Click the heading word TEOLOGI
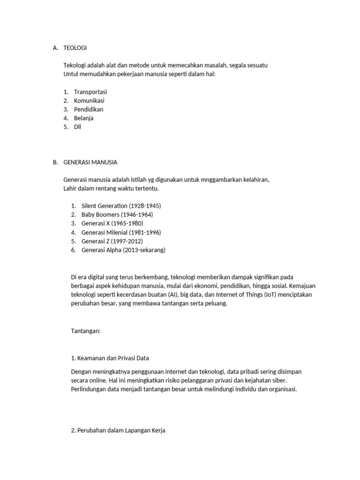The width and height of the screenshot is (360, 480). pyautogui.click(x=75, y=48)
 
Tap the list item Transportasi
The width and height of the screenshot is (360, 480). pyautogui.click(x=90, y=92)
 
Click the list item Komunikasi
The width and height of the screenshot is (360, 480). pyautogui.click(x=89, y=101)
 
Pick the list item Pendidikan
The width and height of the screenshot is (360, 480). pyautogui.click(x=89, y=109)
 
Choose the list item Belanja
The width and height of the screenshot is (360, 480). pyautogui.click(x=84, y=118)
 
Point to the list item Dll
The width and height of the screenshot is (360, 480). pyautogui.click(x=77, y=127)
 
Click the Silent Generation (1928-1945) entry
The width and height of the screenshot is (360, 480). pyautogui.click(x=121, y=206)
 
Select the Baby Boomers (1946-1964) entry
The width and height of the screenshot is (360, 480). pyautogui.click(x=117, y=215)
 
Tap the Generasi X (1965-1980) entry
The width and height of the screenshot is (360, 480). pyautogui.click(x=112, y=223)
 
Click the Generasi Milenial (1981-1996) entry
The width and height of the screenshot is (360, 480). pyautogui.click(x=121, y=232)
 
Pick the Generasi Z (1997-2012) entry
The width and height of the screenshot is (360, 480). pyautogui.click(x=112, y=241)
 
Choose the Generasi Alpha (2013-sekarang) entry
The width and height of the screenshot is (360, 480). pyautogui.click(x=123, y=250)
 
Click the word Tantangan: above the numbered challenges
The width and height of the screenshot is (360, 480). pyautogui.click(x=85, y=331)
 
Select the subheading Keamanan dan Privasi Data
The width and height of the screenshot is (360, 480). pyautogui.click(x=110, y=358)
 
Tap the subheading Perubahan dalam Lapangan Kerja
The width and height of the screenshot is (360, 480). pyautogui.click(x=118, y=430)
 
